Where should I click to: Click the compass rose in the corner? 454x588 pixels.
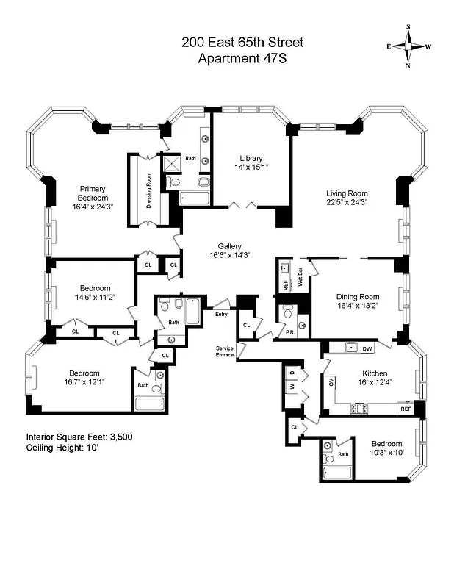click(408, 45)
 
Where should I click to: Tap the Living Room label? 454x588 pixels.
click(347, 194)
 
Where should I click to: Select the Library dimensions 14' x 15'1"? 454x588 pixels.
click(251, 167)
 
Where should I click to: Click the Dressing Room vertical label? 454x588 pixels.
click(148, 190)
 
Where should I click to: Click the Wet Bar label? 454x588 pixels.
click(300, 279)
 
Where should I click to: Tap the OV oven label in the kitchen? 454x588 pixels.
click(331, 381)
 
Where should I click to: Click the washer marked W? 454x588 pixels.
click(291, 386)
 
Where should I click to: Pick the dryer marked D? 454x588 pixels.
click(291, 373)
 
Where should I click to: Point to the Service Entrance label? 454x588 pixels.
click(224, 351)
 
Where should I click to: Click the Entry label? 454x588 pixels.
click(221, 314)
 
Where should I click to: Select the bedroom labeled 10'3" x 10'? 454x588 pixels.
click(386, 448)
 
